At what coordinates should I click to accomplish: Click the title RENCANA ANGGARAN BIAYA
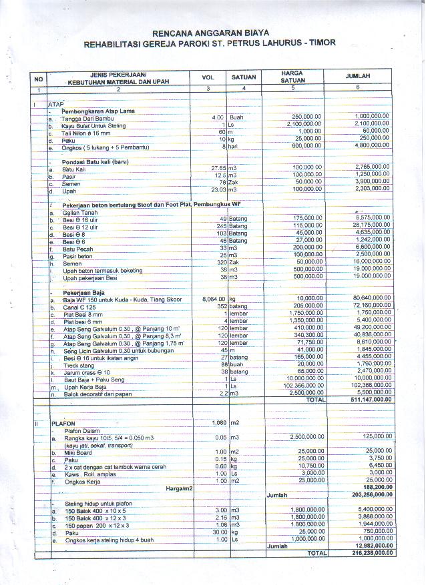point(210,32)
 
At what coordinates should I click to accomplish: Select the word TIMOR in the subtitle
point(320,43)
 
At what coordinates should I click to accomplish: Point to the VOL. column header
point(208,77)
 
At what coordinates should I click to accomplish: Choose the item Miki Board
point(79,452)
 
